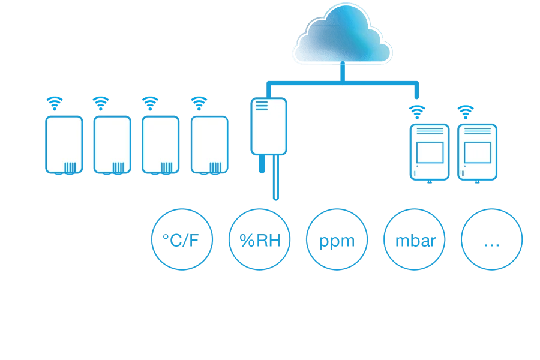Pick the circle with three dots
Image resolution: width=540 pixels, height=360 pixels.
[491, 240]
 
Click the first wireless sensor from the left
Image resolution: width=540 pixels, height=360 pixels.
[63, 145]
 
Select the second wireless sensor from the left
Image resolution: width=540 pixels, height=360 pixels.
[112, 145]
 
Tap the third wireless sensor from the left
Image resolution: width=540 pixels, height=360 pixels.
[160, 145]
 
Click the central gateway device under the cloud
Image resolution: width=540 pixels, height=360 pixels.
[268, 127]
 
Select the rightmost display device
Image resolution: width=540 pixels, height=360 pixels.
[477, 152]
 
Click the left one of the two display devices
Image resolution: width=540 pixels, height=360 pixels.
[429, 152]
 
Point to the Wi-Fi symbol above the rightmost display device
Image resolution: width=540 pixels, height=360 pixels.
[464, 110]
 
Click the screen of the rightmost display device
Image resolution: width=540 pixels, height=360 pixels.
[477, 151]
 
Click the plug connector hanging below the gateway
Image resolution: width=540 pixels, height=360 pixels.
[262, 163]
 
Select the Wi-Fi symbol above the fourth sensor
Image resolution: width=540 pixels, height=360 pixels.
[199, 103]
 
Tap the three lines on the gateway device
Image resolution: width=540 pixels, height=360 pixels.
[262, 106]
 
